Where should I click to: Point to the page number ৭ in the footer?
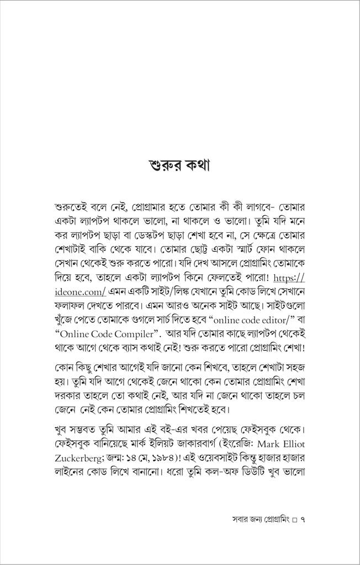(x=302, y=519)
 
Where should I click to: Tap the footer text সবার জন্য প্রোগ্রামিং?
(x=260, y=519)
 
